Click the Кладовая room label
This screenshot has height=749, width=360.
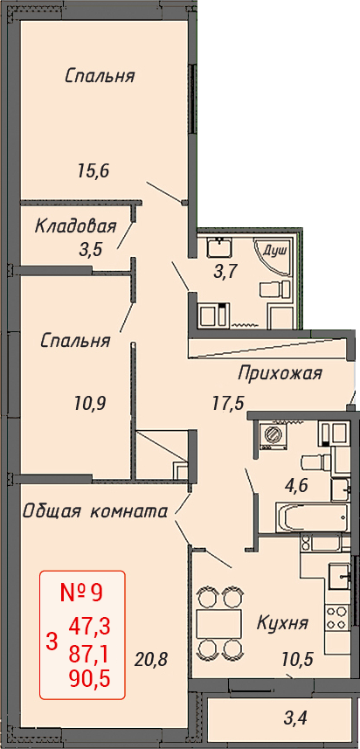[x=76, y=226]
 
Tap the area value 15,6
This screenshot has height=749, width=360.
[x=93, y=171]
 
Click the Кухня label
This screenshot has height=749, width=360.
[x=282, y=623]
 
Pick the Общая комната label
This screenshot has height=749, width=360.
[x=95, y=511]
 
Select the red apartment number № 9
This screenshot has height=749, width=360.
[x=82, y=593]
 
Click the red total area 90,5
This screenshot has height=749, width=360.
[x=90, y=679]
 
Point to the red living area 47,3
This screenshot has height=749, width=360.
[x=90, y=625]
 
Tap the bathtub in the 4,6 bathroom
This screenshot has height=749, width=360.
[x=314, y=517]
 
